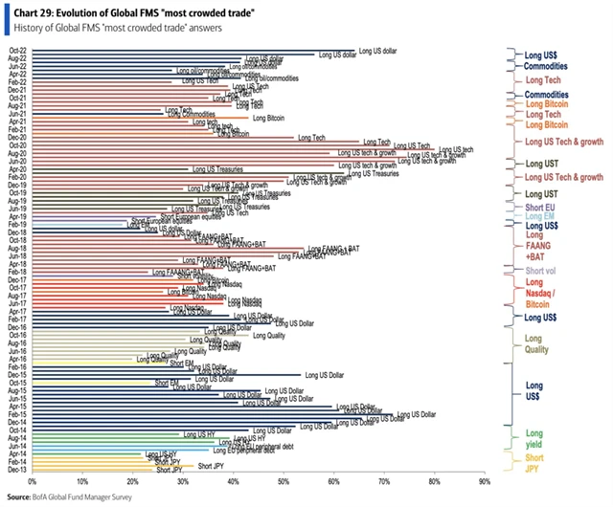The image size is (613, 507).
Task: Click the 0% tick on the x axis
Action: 32,482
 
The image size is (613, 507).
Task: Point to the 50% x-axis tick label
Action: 284,482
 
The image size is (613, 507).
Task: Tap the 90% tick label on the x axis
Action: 485,482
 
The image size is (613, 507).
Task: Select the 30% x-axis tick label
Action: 183,482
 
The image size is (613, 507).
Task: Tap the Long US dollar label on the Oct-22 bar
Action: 377,49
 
